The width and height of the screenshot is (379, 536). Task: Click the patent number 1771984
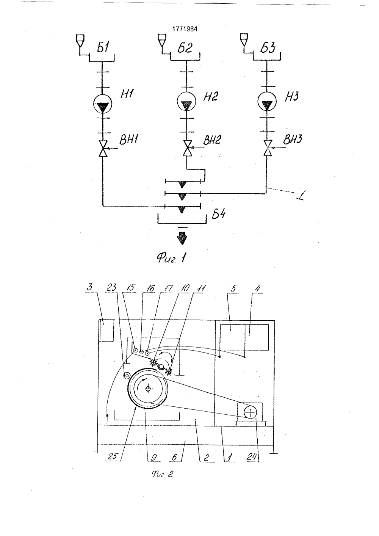tap(185, 29)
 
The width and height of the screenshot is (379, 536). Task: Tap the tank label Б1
tap(102, 48)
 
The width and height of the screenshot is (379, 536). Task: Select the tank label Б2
tap(185, 48)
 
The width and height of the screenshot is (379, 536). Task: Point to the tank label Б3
tap(268, 48)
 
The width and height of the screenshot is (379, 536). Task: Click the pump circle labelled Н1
tap(103, 103)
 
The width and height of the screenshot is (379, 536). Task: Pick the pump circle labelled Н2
tap(186, 102)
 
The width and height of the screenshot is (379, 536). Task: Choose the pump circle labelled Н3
tap(267, 102)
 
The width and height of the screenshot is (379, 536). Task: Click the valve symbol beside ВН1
tap(103, 149)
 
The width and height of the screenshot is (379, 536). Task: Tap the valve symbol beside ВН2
tap(187, 148)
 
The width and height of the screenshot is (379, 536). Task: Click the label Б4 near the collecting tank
tap(218, 214)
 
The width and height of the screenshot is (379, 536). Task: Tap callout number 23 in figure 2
tap(112, 288)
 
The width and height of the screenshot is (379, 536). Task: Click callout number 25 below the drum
tap(113, 456)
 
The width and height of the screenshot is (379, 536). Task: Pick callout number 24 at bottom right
tap(252, 457)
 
